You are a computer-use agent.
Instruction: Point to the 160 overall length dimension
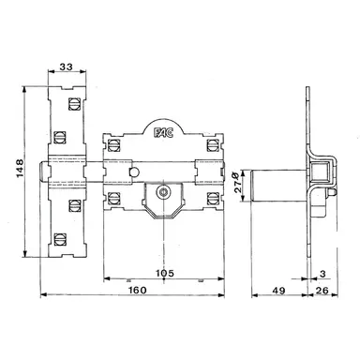137,292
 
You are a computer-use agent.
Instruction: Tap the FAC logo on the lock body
163,133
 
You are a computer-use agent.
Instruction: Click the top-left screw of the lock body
117,145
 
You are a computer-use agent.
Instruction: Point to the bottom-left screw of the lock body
117,197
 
